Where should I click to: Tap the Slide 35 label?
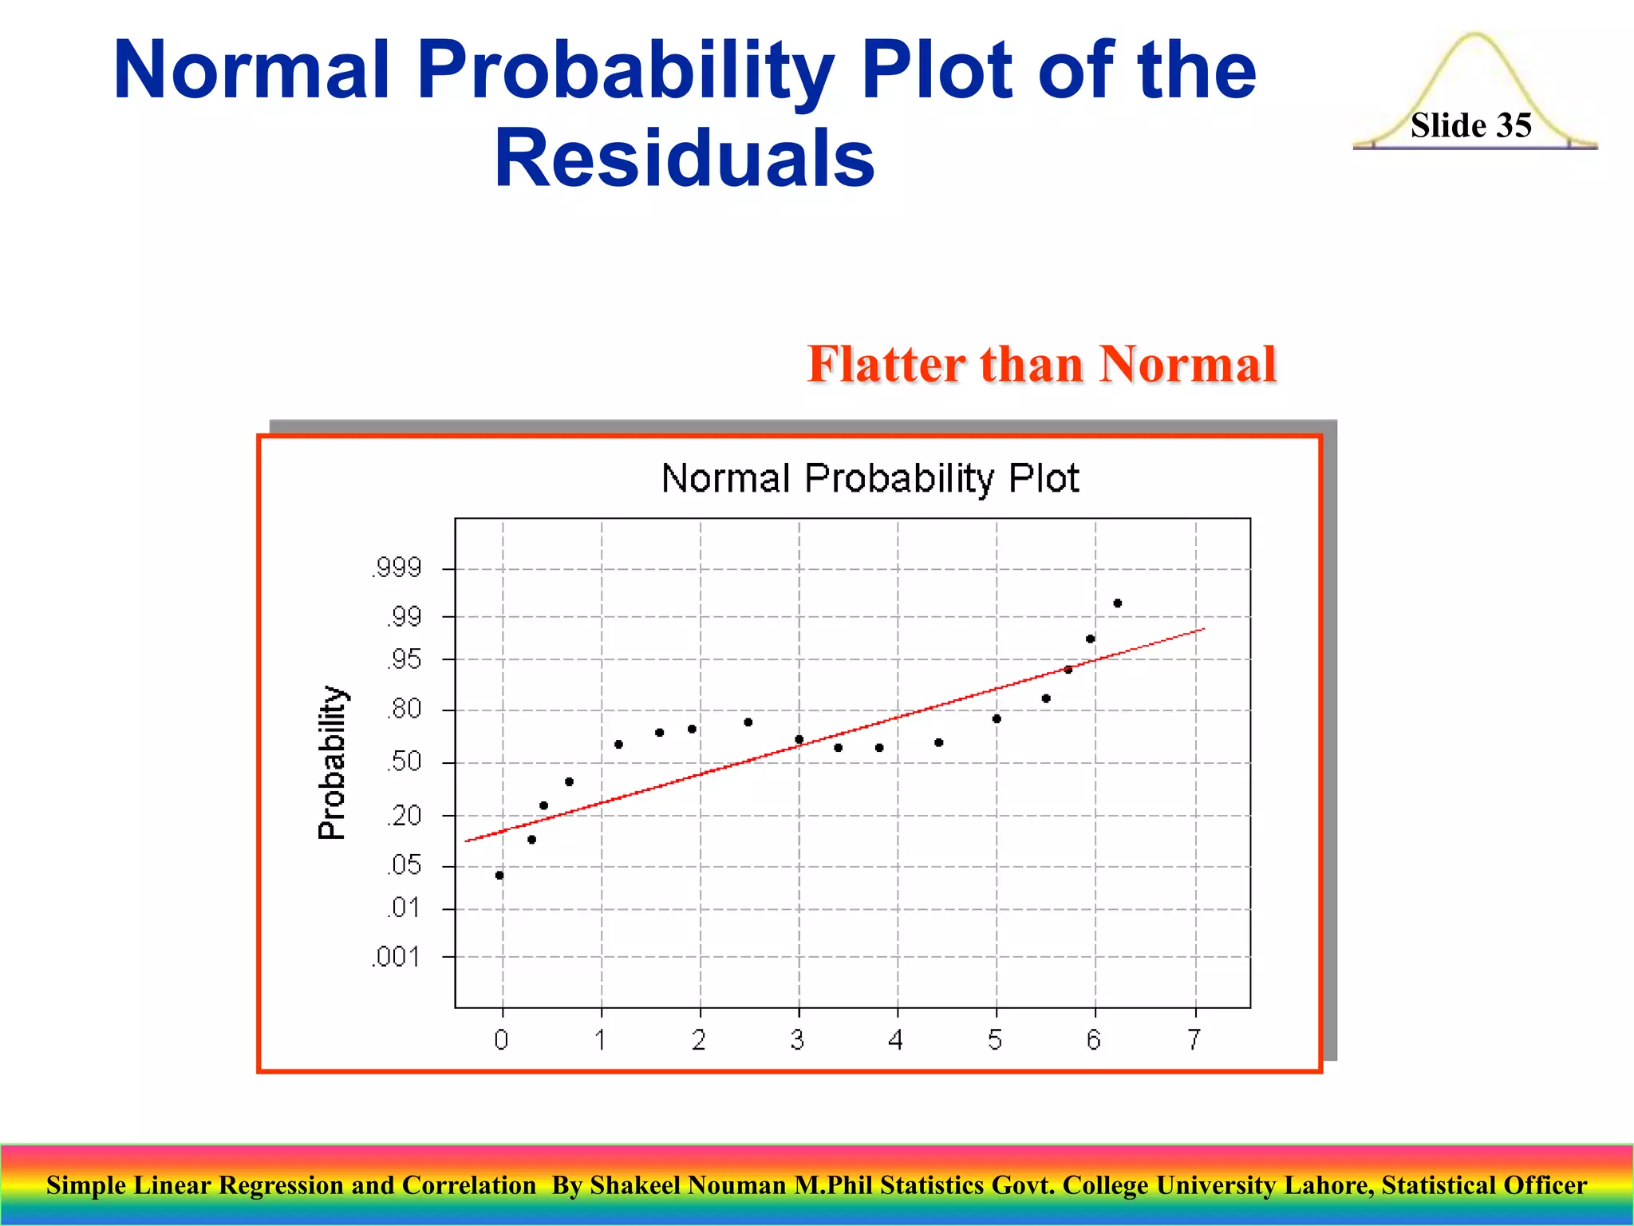[x=1470, y=125]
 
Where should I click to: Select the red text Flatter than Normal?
[x=1042, y=364]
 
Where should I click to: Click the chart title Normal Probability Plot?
[x=870, y=478]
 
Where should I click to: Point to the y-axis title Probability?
[x=332, y=762]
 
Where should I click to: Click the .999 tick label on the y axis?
[x=396, y=568]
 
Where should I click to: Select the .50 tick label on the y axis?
[x=404, y=761]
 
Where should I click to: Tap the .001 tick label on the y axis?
[x=396, y=956]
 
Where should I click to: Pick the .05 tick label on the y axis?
[x=404, y=865]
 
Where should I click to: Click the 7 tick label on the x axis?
[x=1194, y=1039]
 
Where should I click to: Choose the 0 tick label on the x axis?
[x=501, y=1039]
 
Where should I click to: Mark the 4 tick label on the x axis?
[x=896, y=1039]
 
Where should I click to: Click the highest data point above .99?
[x=1117, y=603]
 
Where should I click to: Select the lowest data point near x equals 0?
[x=499, y=876]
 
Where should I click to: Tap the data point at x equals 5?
[x=997, y=719]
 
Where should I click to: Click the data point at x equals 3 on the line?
[x=799, y=740]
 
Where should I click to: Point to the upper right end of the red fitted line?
[x=1202, y=630]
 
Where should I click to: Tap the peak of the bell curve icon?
[x=1475, y=35]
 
